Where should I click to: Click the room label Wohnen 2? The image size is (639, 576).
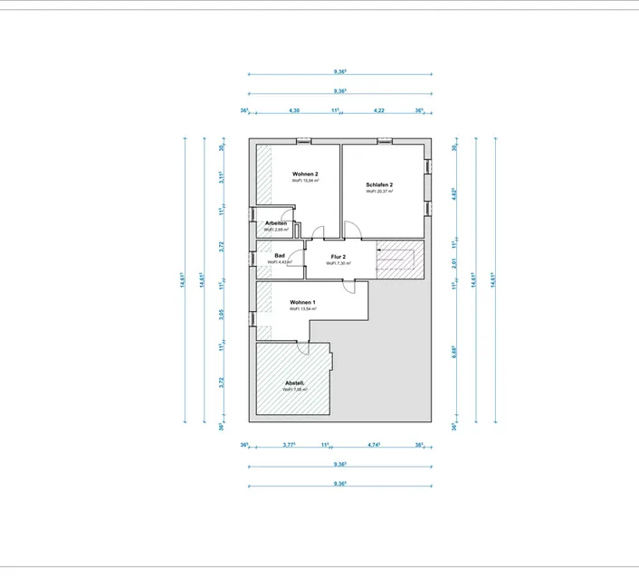(305, 173)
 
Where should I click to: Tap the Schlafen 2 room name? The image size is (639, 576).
(379, 184)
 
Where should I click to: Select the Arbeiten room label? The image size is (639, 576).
(276, 223)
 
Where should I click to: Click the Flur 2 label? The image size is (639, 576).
(338, 257)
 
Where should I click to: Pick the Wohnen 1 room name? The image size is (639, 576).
(302, 302)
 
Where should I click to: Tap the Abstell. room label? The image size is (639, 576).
(295, 382)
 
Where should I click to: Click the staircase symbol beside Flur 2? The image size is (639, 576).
(396, 260)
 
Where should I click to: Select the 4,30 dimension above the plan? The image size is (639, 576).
(293, 110)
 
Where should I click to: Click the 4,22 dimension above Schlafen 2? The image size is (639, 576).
(379, 110)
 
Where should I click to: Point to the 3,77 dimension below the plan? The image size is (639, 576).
(291, 445)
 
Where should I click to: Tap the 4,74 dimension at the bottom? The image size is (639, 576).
(373, 445)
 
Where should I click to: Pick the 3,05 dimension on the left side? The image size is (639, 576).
(222, 316)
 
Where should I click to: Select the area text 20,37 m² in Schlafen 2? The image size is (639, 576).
(379, 192)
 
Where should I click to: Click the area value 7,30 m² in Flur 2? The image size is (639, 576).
(338, 263)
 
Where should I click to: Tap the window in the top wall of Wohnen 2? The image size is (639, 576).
(304, 140)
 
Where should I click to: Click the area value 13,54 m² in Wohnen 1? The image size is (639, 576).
(302, 309)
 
